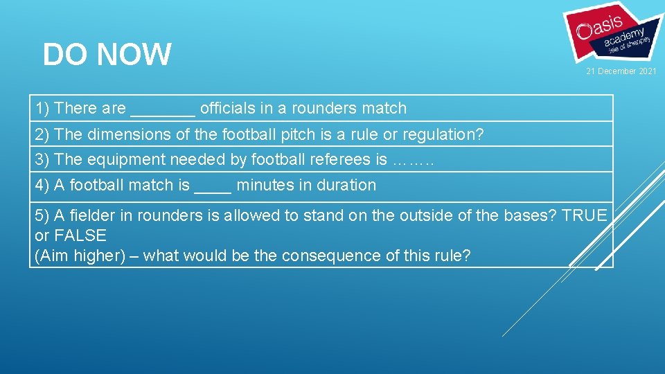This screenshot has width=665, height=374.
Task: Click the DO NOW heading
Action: [107, 55]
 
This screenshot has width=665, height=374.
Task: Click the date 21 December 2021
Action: [621, 72]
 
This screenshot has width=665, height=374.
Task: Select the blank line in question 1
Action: [163, 110]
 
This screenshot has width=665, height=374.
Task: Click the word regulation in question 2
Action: [443, 134]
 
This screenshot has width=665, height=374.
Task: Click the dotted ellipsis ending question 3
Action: [413, 161]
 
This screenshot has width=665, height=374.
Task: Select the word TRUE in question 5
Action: [584, 215]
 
